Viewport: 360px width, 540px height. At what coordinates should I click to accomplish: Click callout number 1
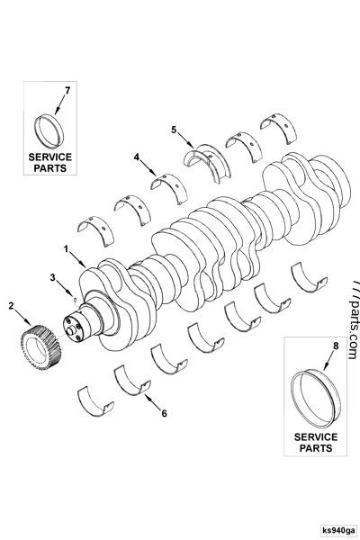65,247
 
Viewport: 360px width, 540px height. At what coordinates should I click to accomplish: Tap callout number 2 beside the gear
12,306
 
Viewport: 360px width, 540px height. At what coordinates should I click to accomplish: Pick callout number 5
174,130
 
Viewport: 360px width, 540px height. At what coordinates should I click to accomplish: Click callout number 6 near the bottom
163,414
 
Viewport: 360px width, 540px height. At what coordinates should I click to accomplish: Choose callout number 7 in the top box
66,91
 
